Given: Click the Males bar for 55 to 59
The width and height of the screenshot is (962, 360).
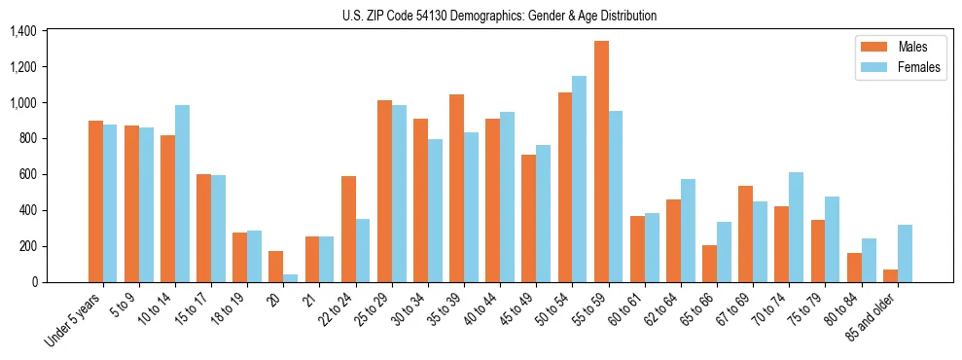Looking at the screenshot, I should coord(601,162).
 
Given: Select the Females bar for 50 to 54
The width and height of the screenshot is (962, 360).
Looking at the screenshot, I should coord(580,179).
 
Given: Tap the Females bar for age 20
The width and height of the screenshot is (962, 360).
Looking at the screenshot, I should coord(291,278).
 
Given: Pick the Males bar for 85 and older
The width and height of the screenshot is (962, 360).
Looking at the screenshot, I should coord(890,275).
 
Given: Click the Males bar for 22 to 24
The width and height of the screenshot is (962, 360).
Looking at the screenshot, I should coord(348,229).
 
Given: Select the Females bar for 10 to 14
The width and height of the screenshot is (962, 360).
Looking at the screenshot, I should coord(182,194).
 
